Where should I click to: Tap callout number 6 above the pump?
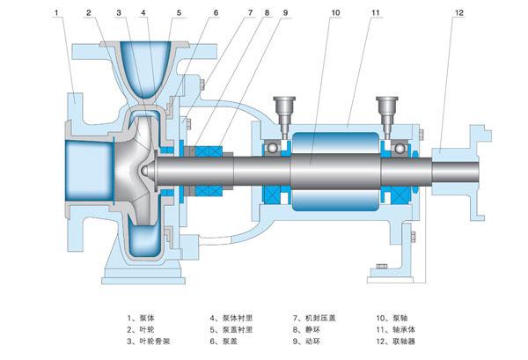point(215,13)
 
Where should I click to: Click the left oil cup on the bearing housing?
point(283,110)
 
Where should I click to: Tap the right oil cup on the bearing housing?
point(387,110)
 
